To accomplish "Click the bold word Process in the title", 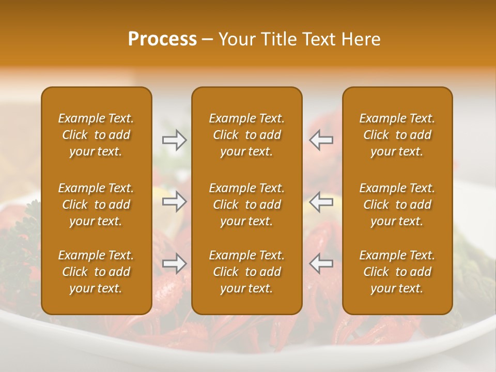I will click(162, 39).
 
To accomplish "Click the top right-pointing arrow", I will click(175, 140).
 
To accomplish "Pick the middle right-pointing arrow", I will click(175, 202).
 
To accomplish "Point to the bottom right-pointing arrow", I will click(175, 263).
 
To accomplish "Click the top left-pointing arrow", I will click(321, 140).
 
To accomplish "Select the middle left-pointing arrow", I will click(321, 202).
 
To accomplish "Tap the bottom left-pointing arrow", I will click(321, 263).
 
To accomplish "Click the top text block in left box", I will click(96, 135).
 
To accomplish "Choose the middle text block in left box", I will click(96, 205).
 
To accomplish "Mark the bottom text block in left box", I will click(96, 272).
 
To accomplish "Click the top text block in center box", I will click(246, 135).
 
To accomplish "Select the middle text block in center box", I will click(246, 205).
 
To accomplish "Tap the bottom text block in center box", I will click(246, 272).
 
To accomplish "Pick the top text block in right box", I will click(397, 135).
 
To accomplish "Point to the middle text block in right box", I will click(397, 205).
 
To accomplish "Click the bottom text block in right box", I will click(397, 272).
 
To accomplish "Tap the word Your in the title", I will click(235, 39).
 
